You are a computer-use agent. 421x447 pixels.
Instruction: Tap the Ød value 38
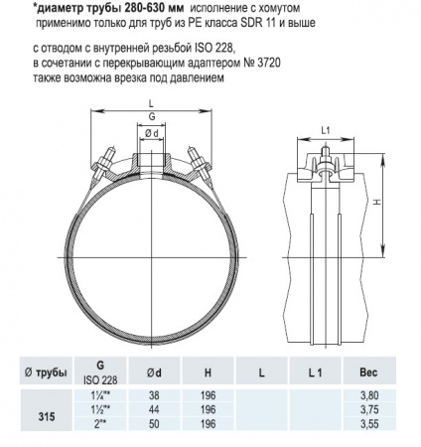click(153, 396)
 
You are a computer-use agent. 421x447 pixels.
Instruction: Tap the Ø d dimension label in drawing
click(151, 132)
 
